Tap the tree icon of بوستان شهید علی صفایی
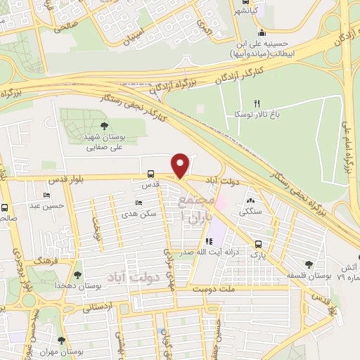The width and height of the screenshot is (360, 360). [x=104, y=126]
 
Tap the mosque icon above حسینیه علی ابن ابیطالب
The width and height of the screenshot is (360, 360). [x=262, y=32]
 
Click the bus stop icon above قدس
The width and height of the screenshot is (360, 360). [x=150, y=174]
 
